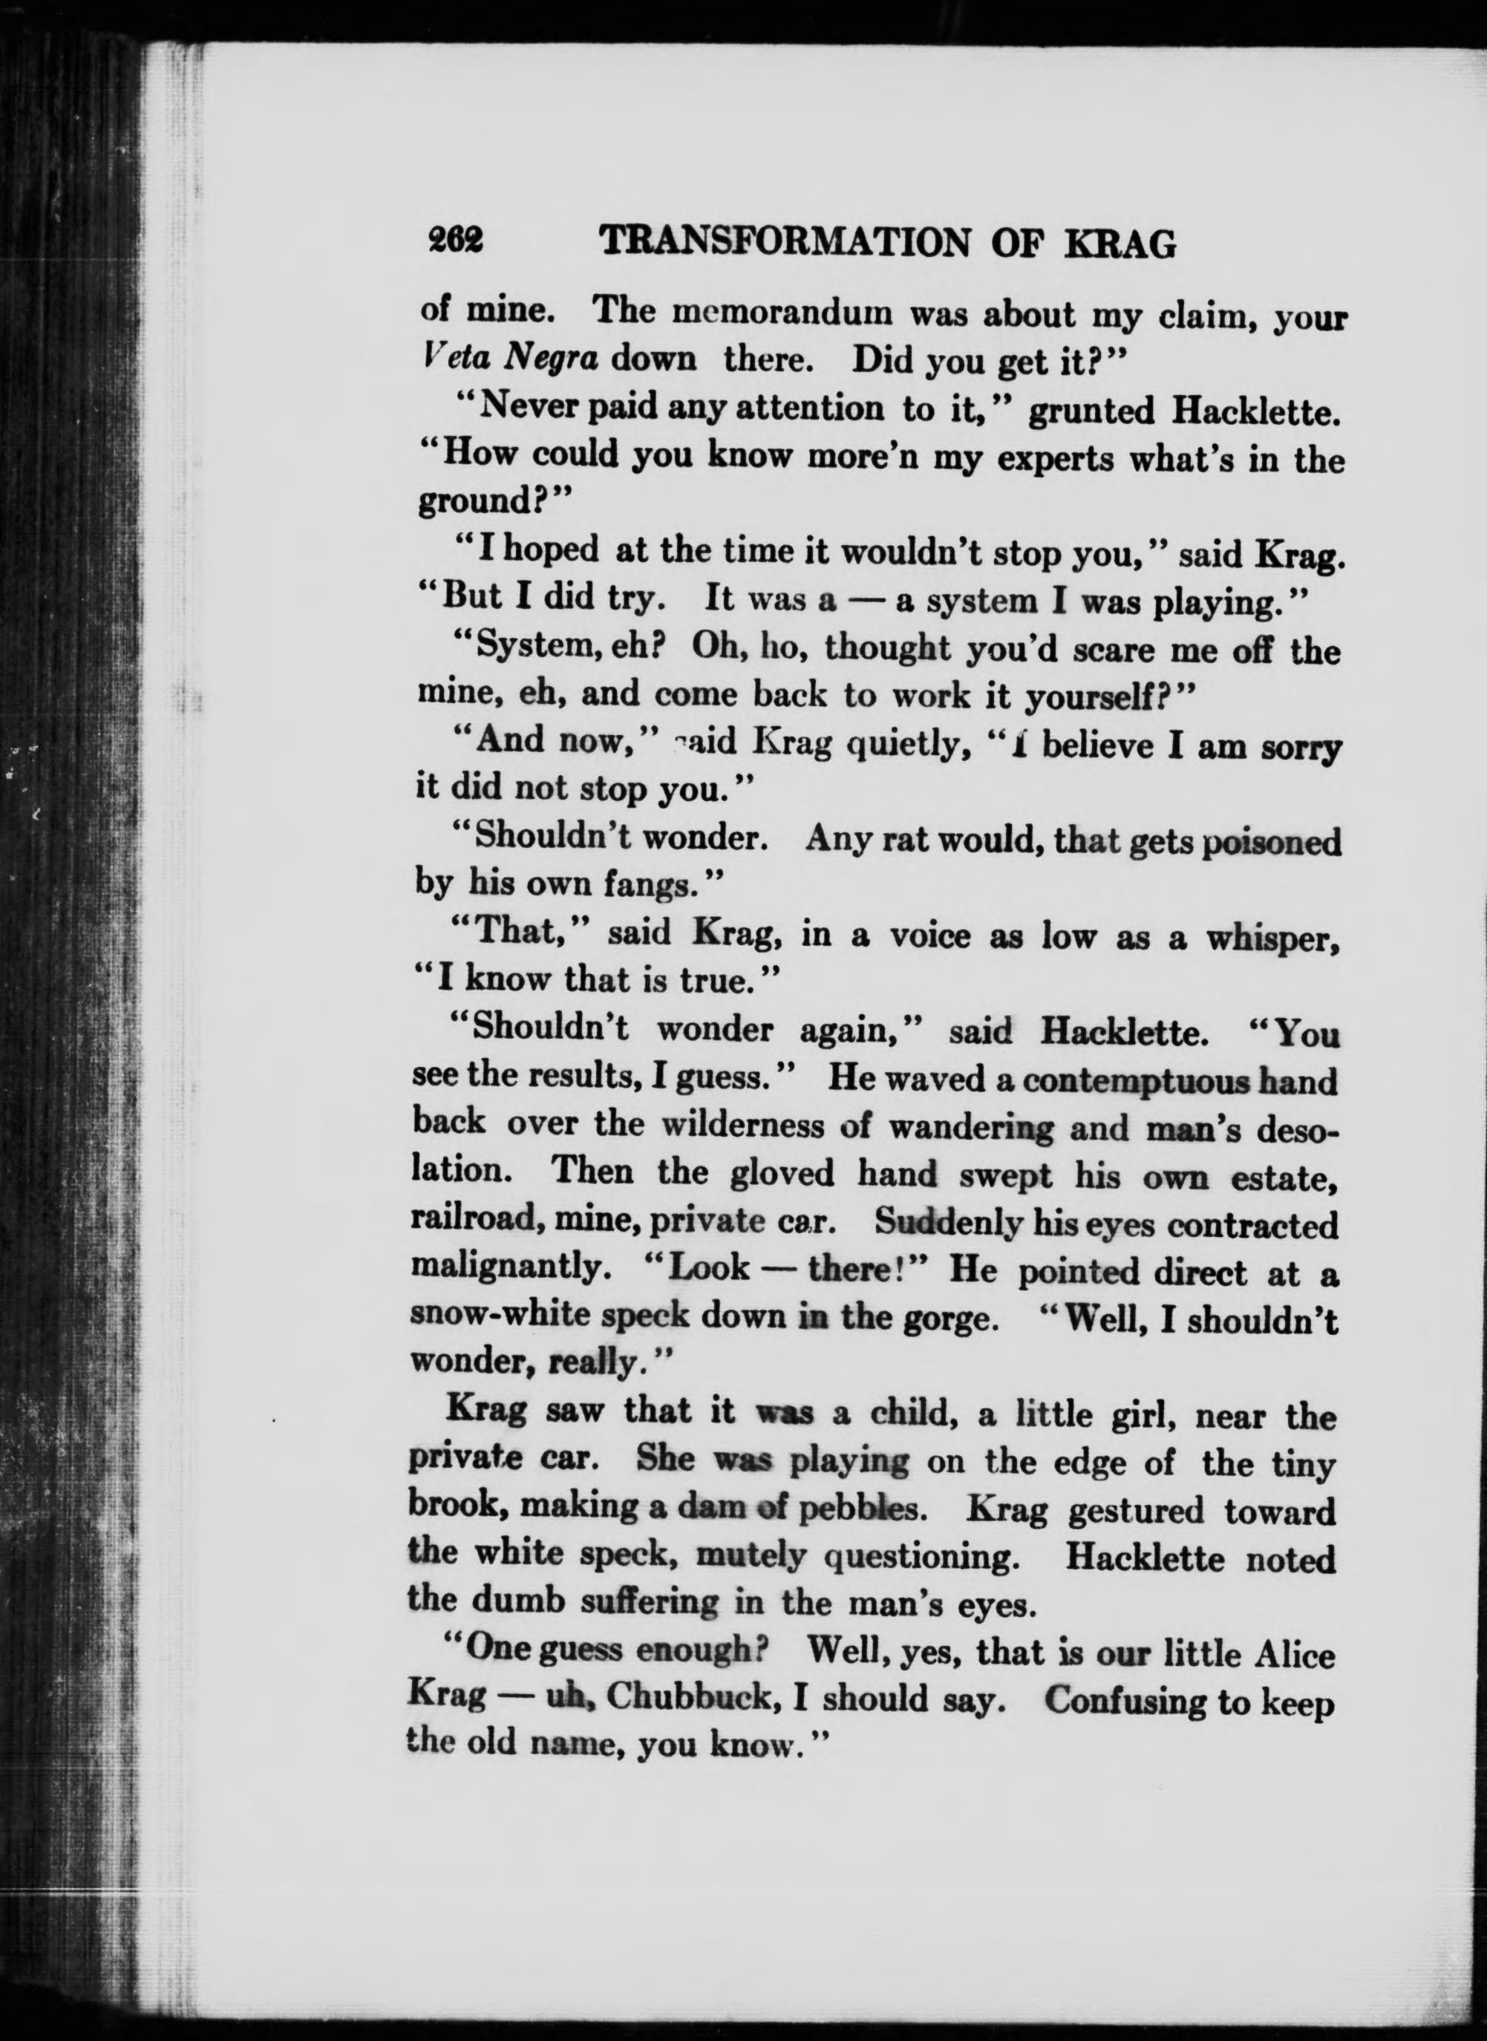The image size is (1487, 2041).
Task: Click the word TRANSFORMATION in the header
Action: point(783,242)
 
